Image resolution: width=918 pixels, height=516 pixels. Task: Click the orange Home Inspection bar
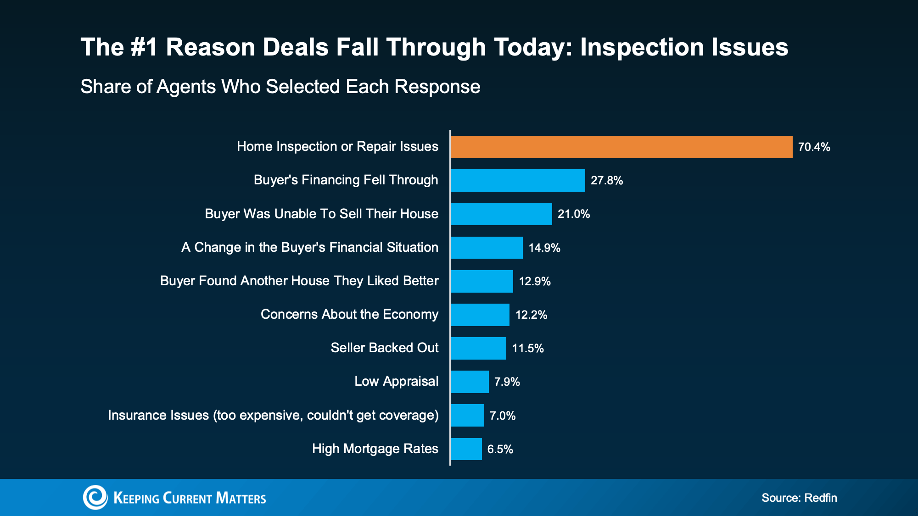coord(621,147)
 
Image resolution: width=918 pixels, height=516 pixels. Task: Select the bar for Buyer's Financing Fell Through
coord(517,180)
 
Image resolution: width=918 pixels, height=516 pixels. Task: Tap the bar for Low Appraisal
coord(469,382)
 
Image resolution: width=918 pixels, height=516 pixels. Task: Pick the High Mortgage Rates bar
coord(466,449)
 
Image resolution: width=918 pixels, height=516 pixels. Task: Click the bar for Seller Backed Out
coord(478,348)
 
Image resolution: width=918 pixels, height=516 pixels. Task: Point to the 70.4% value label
coord(814,147)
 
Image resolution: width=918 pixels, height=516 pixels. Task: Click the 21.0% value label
coord(573,214)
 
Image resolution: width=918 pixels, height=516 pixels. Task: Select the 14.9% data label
coord(544,248)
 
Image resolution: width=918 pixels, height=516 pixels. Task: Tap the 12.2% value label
coord(531,315)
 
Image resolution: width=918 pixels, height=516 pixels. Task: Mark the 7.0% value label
coord(502,416)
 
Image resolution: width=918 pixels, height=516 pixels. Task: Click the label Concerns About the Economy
coord(349,314)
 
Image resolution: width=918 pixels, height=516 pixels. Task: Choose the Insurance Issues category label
coord(273,415)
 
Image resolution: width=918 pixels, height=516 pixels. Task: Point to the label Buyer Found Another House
coord(299,281)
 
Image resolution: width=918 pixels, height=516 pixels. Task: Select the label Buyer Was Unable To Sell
coord(321,214)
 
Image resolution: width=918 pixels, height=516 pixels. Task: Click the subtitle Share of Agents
coord(280,87)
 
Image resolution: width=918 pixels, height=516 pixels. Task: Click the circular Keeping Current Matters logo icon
coord(95,497)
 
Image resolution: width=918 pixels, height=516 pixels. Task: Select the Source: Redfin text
coord(799,498)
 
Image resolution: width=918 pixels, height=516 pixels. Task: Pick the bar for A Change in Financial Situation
coord(486,248)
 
